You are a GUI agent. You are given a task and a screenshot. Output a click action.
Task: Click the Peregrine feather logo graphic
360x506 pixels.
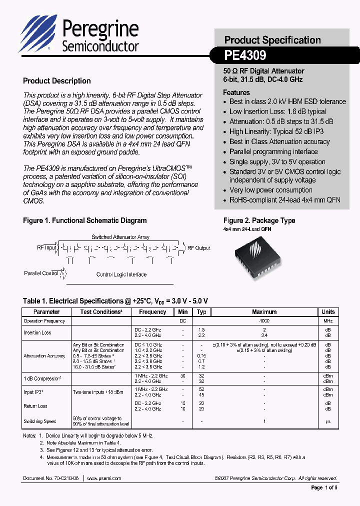37,33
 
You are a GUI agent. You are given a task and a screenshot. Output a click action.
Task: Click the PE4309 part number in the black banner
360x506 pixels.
245,54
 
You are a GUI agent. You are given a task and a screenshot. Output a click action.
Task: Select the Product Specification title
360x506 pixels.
272,40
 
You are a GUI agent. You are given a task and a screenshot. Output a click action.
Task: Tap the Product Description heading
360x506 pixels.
57,81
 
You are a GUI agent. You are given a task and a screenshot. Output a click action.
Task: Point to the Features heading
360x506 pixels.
236,92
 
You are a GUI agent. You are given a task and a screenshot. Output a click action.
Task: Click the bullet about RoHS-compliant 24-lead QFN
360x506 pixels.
284,200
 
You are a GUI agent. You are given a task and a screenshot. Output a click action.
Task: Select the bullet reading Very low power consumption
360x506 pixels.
270,190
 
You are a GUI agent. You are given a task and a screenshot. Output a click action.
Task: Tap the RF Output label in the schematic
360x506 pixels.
198,248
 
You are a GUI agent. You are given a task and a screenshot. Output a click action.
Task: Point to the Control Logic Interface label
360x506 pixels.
121,274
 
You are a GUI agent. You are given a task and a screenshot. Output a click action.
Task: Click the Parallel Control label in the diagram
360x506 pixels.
41,273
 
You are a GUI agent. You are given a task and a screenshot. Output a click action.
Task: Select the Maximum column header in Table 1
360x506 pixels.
264,312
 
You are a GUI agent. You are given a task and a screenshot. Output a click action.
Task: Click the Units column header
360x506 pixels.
328,312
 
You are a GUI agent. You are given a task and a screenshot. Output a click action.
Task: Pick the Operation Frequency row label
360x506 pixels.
44,321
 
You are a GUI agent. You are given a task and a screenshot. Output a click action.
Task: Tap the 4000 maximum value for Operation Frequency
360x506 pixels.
264,321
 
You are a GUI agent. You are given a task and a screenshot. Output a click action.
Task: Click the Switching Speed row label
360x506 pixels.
40,421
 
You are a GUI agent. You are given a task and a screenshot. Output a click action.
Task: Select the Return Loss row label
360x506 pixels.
35,406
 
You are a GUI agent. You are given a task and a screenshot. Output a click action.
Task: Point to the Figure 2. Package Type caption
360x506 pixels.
259,220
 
